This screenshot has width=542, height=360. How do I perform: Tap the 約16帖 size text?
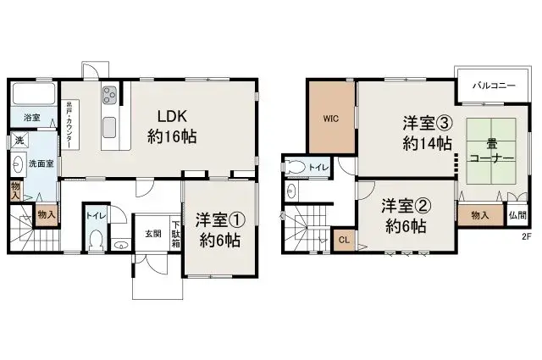pos(173,136)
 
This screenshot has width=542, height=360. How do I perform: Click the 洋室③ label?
pos(428,124)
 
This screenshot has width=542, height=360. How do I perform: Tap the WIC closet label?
pos(330,119)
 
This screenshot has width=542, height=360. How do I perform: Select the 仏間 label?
pos(517,215)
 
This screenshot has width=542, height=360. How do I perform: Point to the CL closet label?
pos(344,240)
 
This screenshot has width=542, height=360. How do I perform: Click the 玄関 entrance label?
pos(152,234)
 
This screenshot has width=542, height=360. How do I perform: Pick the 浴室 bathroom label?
pos(31,118)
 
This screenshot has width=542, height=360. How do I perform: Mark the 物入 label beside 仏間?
pos(480,215)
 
